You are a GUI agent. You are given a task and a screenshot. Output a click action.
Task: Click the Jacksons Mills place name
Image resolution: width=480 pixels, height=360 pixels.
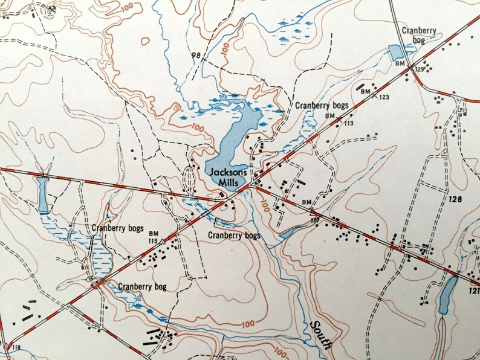click(x=228, y=176)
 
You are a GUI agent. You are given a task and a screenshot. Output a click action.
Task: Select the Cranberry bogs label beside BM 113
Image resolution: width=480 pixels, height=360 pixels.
click(x=317, y=105)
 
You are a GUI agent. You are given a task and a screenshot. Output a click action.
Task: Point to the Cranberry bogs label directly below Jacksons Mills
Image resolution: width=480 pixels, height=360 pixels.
click(x=234, y=235)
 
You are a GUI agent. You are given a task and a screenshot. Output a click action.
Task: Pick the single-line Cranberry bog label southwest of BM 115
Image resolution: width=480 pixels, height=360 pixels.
click(x=142, y=287)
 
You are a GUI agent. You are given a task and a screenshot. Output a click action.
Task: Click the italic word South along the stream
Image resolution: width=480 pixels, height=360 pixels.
click(x=321, y=335)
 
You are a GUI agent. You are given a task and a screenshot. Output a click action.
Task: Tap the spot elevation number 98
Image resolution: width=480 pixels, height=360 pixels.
click(x=195, y=56)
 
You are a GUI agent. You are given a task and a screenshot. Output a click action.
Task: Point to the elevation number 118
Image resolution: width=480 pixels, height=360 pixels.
click(x=15, y=347)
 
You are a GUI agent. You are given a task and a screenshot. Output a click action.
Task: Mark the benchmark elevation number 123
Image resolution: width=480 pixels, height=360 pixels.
click(x=384, y=97)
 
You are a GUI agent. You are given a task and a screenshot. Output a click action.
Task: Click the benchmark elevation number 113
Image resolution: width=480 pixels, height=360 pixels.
click(x=348, y=123)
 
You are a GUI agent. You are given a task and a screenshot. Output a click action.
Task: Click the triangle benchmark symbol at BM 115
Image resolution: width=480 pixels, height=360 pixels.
click(x=163, y=241)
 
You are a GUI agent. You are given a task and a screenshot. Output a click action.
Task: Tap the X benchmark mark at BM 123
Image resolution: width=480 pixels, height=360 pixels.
click(x=374, y=94)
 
